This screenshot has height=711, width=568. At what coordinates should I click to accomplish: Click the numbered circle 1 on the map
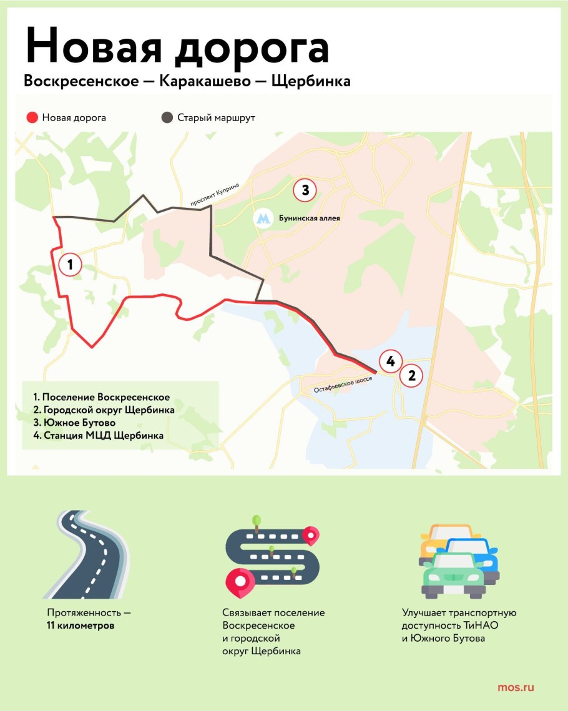click(70, 265)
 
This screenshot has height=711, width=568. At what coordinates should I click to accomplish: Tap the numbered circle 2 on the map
click(411, 376)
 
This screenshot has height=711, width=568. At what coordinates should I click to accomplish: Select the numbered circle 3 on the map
click(305, 190)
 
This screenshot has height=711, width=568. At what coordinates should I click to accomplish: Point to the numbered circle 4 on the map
click(390, 361)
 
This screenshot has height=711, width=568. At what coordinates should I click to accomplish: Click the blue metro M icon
click(263, 218)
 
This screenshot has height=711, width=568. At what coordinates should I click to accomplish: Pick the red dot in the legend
click(32, 117)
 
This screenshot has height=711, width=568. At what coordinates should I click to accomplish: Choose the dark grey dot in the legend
click(167, 117)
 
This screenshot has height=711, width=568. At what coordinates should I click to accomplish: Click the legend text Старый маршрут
click(216, 117)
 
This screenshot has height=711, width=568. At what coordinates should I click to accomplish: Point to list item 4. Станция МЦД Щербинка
click(99, 436)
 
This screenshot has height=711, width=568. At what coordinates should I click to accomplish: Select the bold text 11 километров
click(81, 625)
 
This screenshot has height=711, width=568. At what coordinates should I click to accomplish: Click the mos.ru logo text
click(516, 688)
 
